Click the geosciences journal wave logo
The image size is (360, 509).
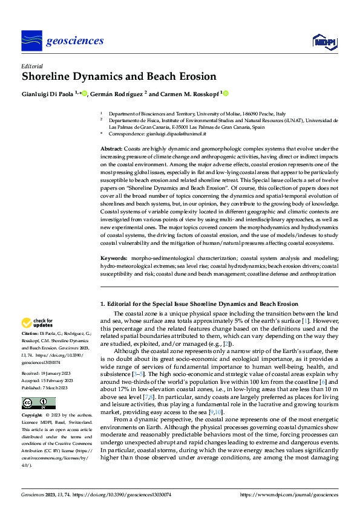(31, 41)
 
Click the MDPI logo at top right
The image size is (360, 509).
(324, 41)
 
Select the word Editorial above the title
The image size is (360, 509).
(31, 65)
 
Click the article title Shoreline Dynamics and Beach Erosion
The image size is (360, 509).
(119, 77)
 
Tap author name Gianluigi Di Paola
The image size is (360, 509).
(48, 94)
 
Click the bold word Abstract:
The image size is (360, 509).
(111, 148)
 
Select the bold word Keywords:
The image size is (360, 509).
(113, 258)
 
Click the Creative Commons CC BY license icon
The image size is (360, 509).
(38, 403)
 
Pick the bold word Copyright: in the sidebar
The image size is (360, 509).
(33, 417)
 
